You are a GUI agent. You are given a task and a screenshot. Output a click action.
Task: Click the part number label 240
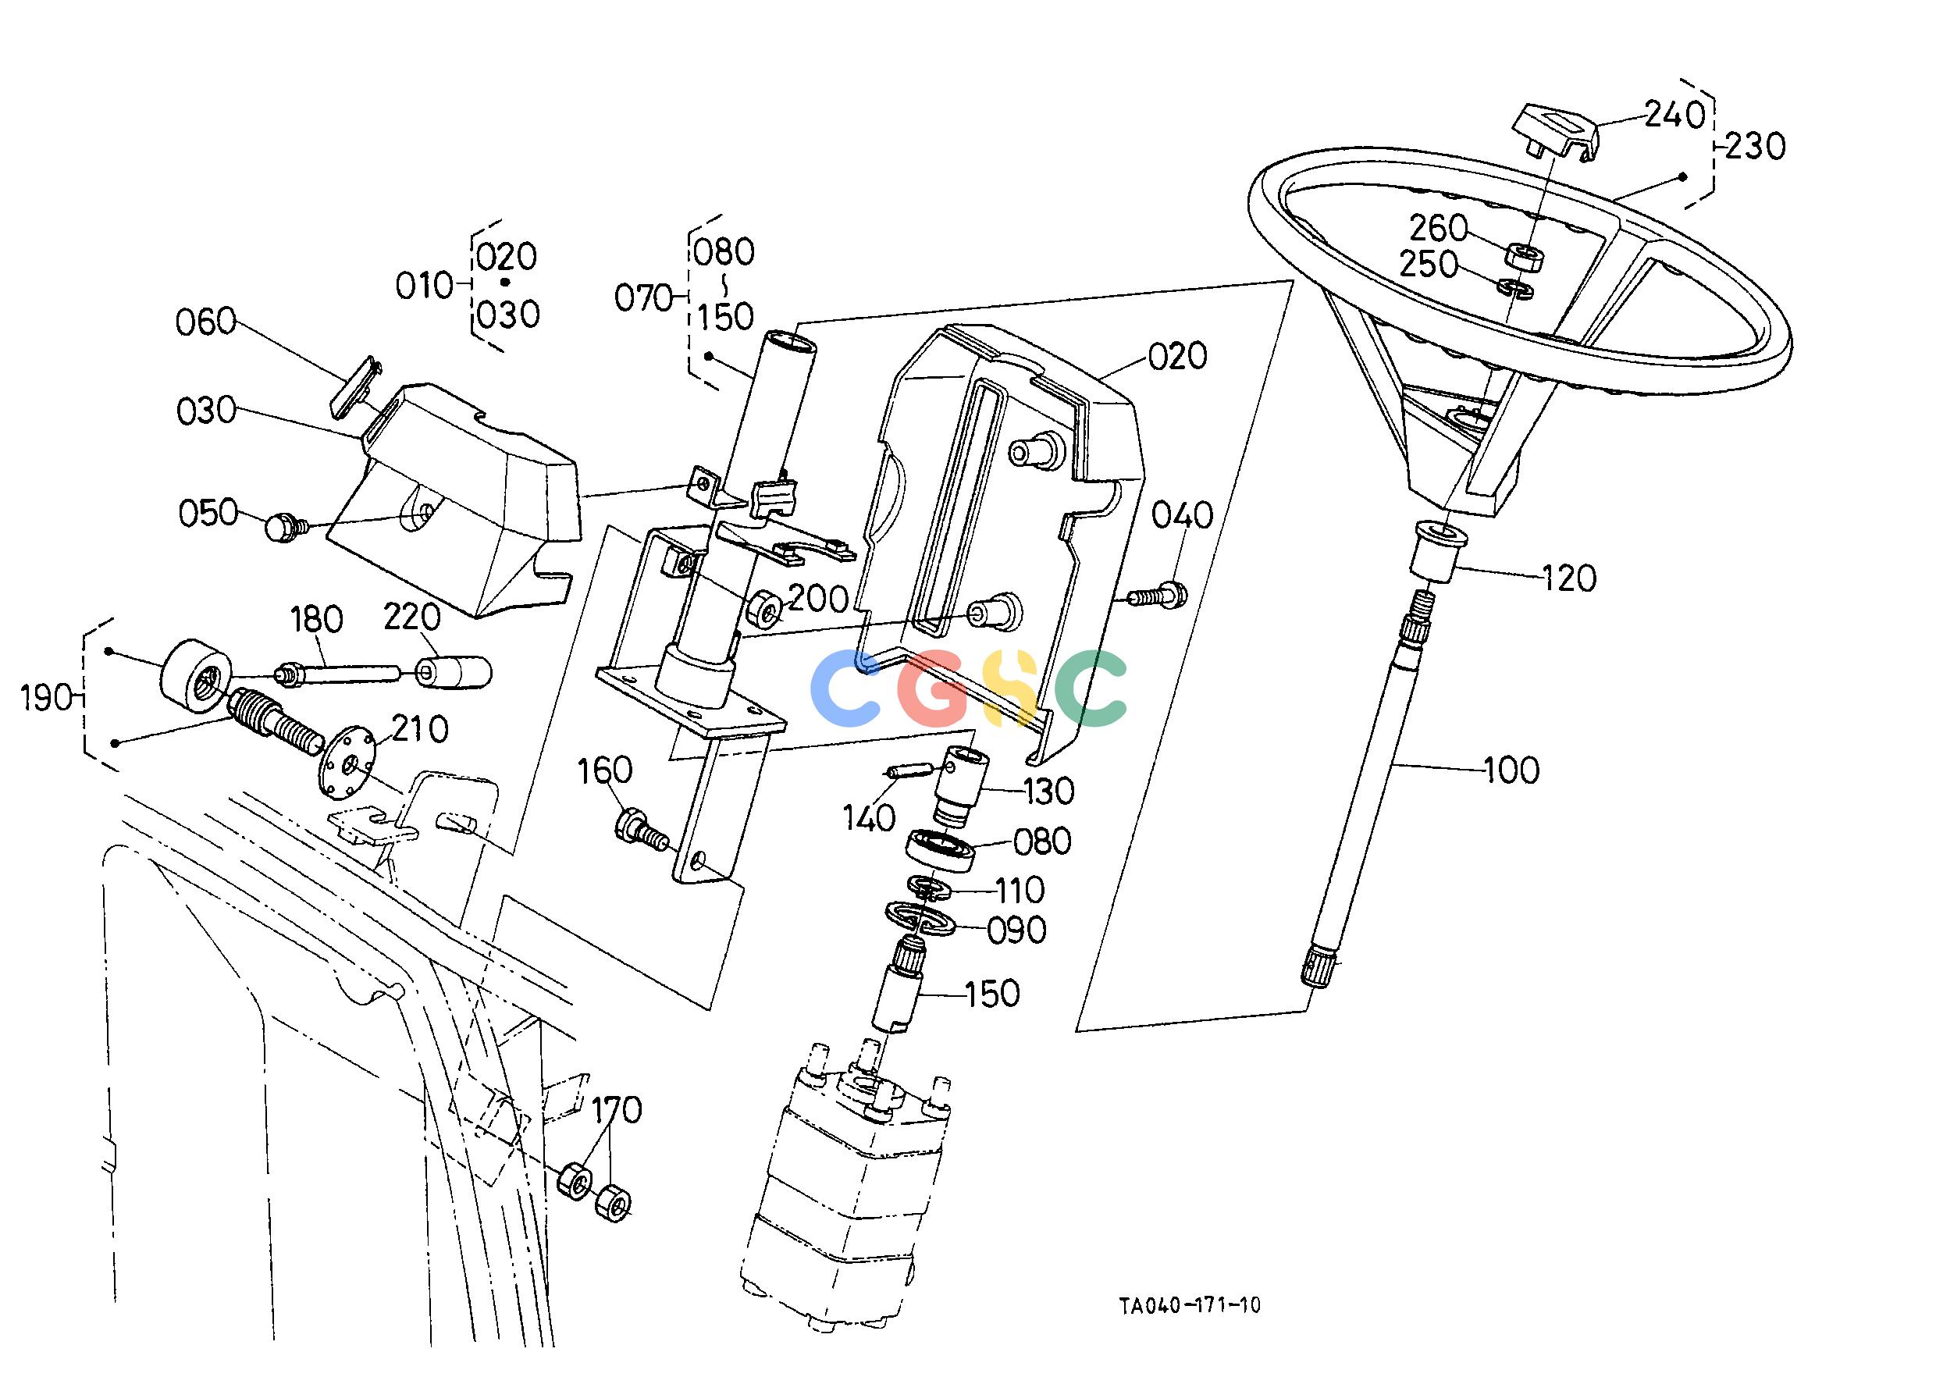pyautogui.click(x=1674, y=116)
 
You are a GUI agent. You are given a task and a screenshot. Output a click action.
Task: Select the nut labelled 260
pyautogui.click(x=1524, y=255)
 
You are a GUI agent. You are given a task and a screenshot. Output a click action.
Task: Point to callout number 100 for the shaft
pyautogui.click(x=1512, y=770)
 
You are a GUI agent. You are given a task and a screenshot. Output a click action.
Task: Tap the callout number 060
pyautogui.click(x=205, y=322)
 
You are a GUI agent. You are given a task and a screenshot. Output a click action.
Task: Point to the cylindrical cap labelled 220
pyautogui.click(x=453, y=671)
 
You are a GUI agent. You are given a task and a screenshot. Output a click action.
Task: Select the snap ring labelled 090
pyautogui.click(x=920, y=916)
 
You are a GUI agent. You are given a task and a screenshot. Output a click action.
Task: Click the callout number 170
pyautogui.click(x=617, y=1109)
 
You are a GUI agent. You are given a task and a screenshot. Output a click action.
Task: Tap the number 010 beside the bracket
pyautogui.click(x=425, y=286)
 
